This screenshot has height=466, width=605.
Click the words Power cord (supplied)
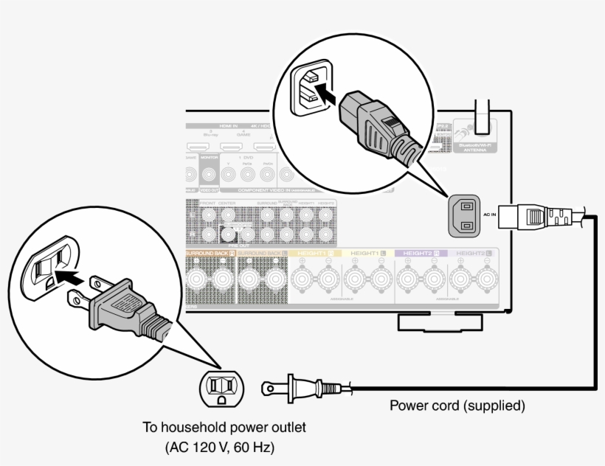tap(457, 405)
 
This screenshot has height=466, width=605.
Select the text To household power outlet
tap(225, 428)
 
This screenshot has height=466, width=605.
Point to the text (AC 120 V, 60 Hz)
tap(225, 447)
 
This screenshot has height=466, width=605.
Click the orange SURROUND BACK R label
tap(210, 253)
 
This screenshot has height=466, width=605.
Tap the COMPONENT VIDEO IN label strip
tap(266, 189)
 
